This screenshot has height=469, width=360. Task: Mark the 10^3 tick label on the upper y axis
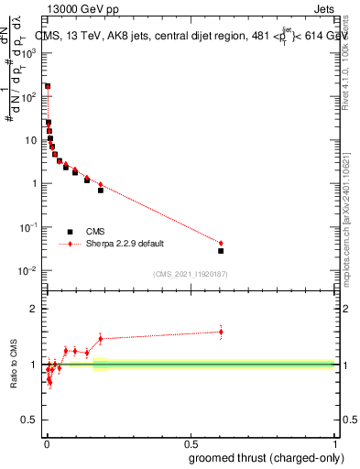(x=29, y=53)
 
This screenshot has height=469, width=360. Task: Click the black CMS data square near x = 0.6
(x=221, y=250)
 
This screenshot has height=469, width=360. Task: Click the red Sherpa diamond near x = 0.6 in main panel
(x=221, y=243)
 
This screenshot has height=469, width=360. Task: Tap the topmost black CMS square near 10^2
(x=48, y=86)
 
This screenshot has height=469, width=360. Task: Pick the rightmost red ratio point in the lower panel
(x=221, y=332)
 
